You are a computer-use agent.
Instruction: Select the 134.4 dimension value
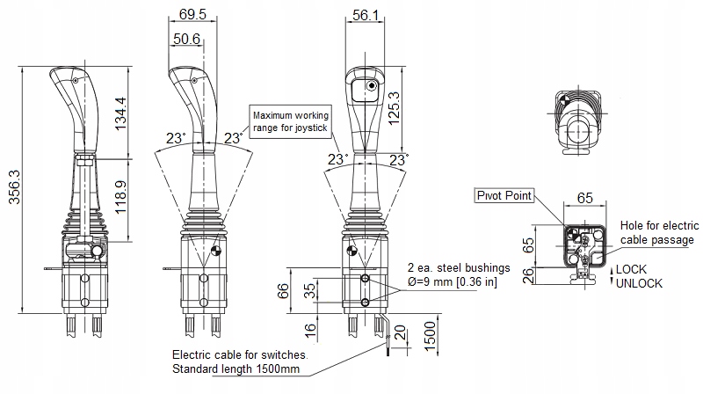[x=120, y=113]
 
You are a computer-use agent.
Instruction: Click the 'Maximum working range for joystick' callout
[x=290, y=122]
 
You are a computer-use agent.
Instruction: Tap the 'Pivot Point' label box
[x=504, y=195]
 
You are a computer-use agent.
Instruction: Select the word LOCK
[x=631, y=269]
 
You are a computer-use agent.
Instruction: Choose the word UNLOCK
[x=639, y=284]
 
